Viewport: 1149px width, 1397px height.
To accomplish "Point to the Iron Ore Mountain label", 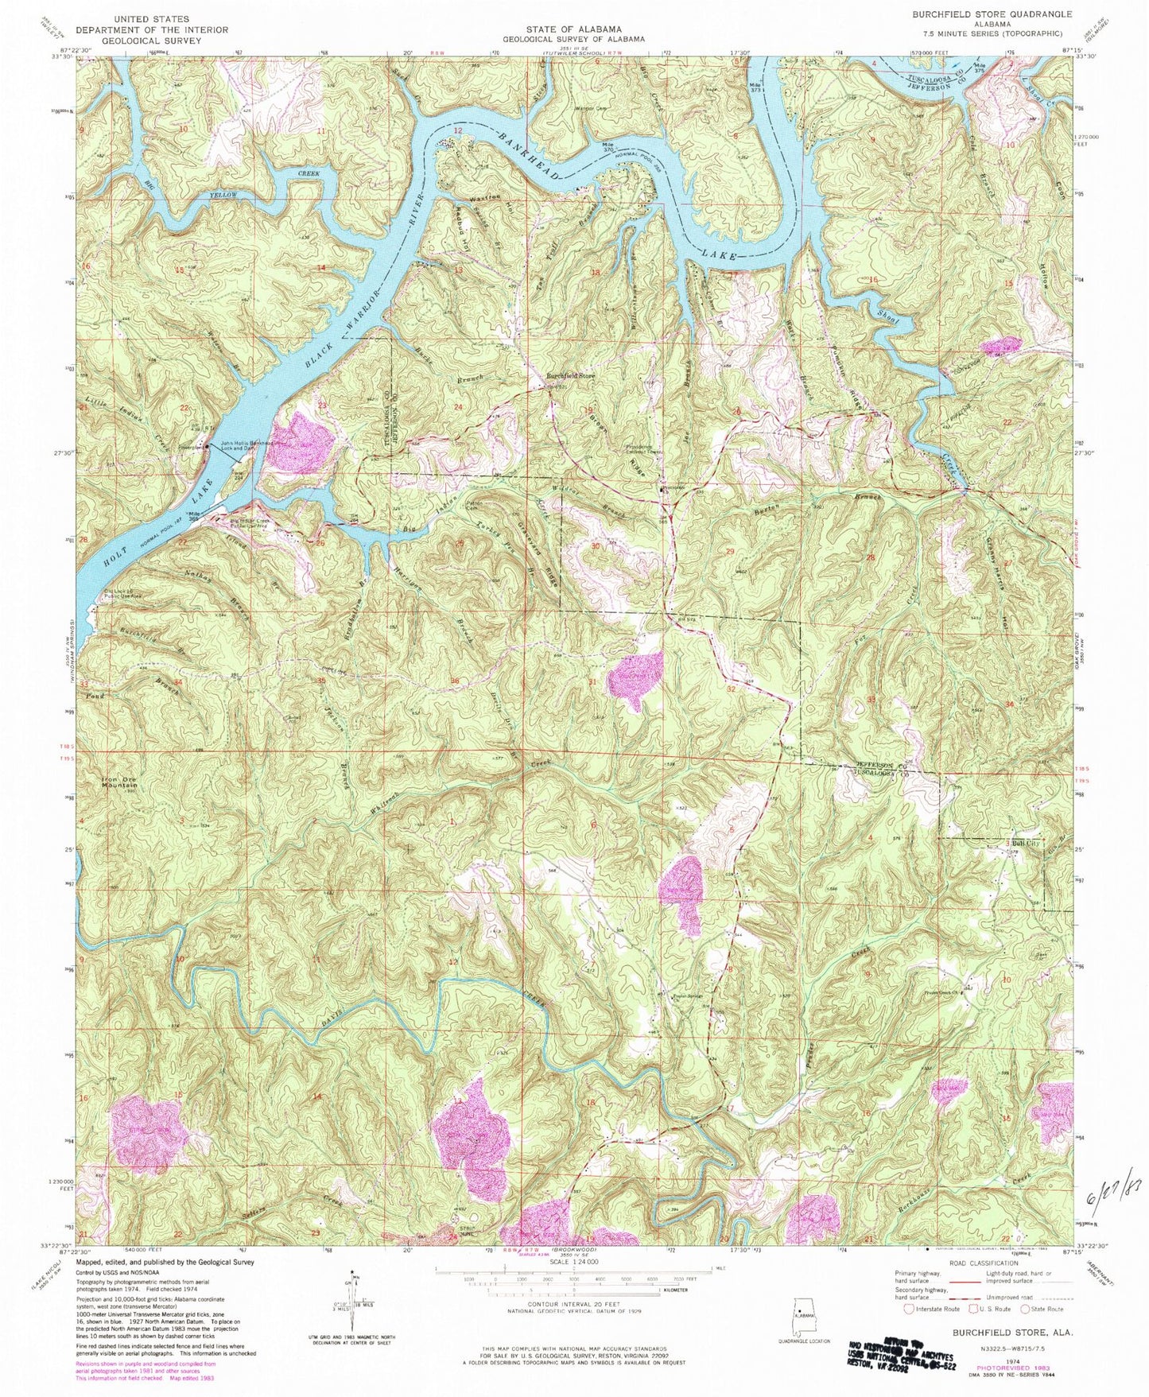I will (x=119, y=782).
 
